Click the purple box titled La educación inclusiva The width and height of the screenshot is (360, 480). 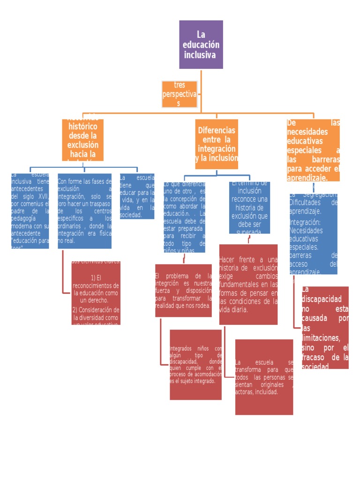point(201,45)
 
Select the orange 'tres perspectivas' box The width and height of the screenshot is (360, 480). point(180,94)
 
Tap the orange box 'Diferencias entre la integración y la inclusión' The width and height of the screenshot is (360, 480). point(217,144)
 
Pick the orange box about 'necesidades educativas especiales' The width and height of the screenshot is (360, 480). point(313,150)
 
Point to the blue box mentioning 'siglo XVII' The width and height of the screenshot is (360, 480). point(30,210)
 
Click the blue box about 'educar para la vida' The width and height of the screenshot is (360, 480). point(137,196)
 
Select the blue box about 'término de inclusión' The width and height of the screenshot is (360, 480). point(249,207)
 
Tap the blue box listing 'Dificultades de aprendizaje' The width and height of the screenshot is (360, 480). point(313,233)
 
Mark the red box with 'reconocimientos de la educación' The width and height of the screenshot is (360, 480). point(96,293)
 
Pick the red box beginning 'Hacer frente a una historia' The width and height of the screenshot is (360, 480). point(248,285)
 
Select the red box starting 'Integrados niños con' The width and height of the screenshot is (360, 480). point(195,365)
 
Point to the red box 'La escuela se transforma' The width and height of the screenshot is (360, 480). point(264,377)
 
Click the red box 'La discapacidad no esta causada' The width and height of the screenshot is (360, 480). point(325,327)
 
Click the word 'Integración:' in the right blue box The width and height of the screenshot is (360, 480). point(305,222)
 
